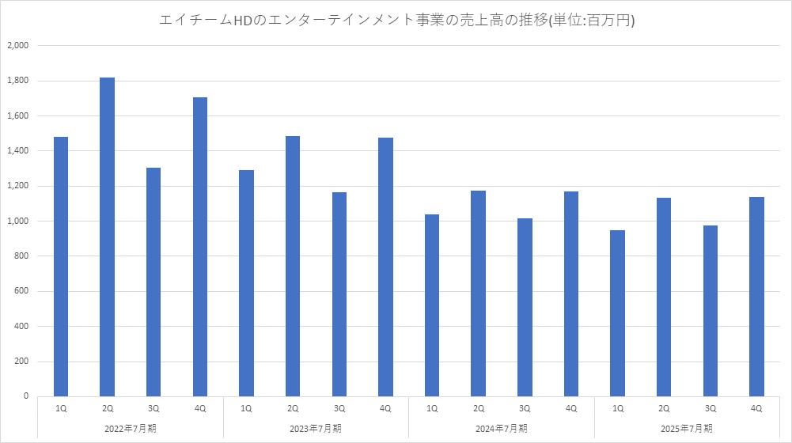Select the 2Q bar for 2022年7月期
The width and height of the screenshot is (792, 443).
pos(108,237)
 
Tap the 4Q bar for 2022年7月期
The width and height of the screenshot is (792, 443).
pos(200,246)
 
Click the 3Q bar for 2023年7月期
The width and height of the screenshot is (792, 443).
pos(339,293)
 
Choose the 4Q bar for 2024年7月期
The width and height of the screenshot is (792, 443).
pos(571,293)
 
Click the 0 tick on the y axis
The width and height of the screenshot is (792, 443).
pos(26,396)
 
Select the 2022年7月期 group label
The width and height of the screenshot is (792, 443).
pos(131,428)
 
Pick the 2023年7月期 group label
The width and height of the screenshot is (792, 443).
pos(316,428)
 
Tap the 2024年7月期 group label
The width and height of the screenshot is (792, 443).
pos(502,428)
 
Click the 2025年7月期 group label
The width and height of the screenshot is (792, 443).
pos(687,428)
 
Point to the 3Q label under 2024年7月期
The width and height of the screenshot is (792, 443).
pos(525,408)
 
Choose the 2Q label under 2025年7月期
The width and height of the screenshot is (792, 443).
pos(664,408)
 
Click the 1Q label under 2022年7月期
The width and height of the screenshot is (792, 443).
pos(61,408)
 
